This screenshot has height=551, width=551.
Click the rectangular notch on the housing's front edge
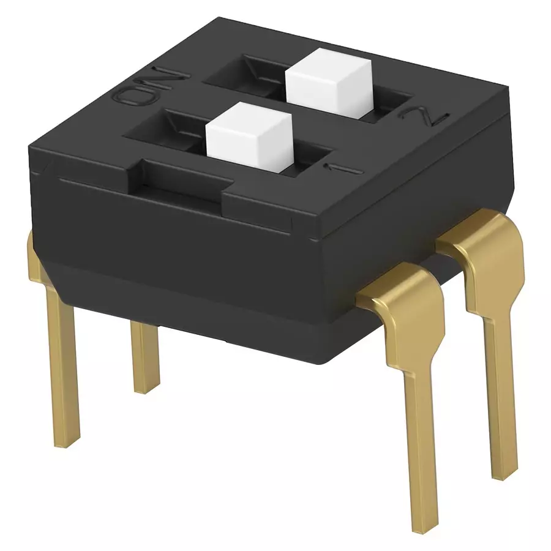point(184,187)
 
